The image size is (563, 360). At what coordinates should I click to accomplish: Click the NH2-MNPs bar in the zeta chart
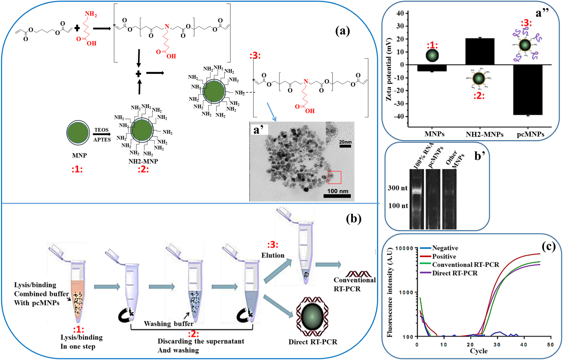[x=480, y=51]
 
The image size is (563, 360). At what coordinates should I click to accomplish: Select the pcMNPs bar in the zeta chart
[x=527, y=90]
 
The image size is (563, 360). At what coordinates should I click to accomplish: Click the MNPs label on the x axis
[x=434, y=134]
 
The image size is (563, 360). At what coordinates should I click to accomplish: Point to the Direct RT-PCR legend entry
[x=454, y=273]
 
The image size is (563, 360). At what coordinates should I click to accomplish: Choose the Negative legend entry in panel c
[x=445, y=248]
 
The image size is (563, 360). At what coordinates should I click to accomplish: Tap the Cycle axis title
[x=478, y=351]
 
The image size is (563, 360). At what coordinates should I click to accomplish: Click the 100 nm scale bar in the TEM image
[x=337, y=196]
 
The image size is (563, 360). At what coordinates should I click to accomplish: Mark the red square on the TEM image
[x=334, y=177]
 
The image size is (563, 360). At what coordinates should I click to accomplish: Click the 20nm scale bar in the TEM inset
[x=345, y=146]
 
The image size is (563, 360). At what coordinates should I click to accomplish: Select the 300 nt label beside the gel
[x=397, y=188]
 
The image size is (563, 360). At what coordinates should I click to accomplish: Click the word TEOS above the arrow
[x=101, y=130]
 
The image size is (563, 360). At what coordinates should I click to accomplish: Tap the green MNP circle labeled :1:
[x=78, y=133]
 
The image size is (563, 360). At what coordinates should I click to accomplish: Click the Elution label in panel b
[x=273, y=255]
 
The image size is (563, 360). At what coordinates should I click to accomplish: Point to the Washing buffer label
[x=168, y=324]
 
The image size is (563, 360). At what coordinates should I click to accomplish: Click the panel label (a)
[x=342, y=31]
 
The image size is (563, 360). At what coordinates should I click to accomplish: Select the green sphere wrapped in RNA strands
[x=312, y=316]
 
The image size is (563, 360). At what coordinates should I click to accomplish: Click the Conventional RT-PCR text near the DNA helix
[x=354, y=284]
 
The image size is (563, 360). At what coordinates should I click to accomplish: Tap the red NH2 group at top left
[x=91, y=14]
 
